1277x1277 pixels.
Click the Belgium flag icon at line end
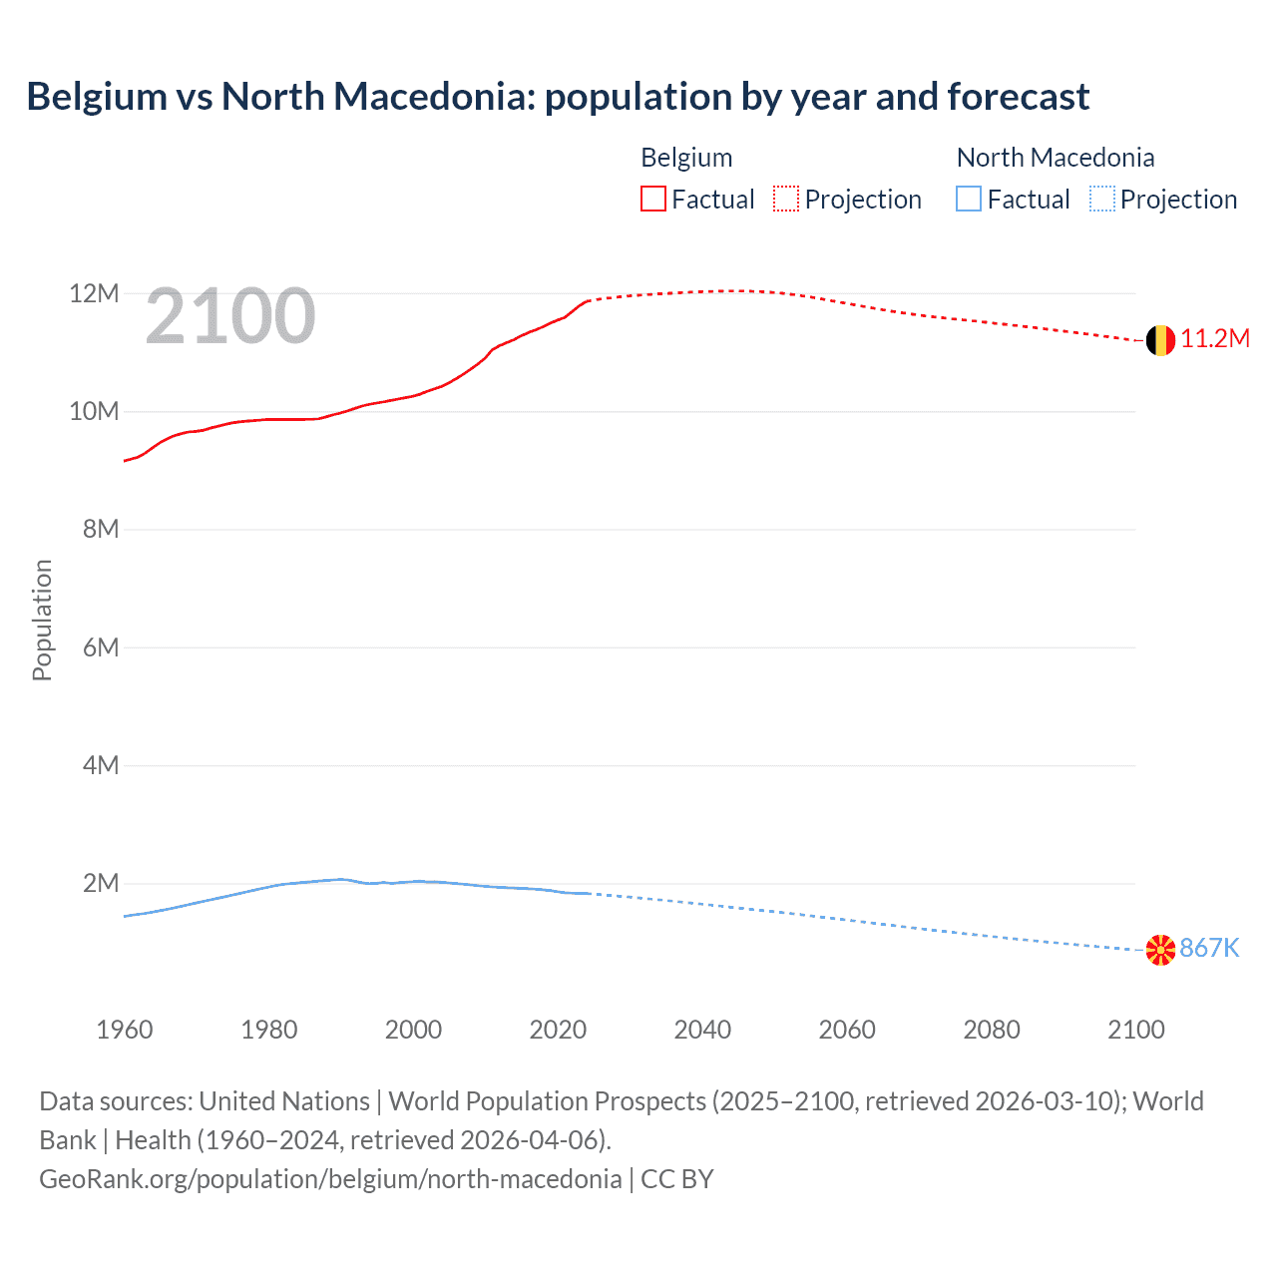(1160, 340)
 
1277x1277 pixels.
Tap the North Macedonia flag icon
(1160, 950)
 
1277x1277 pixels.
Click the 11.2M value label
(1215, 339)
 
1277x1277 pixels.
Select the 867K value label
(1209, 949)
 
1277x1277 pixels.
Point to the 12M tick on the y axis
(94, 294)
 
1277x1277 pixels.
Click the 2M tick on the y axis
(101, 884)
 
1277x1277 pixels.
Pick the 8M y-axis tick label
(101, 530)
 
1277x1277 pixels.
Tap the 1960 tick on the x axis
(125, 1030)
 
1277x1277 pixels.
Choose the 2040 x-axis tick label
(702, 1030)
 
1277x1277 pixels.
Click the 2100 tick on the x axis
(1135, 1030)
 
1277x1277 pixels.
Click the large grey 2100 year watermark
(230, 317)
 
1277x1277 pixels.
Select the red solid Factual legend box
(652, 200)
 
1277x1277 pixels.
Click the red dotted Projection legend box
(786, 200)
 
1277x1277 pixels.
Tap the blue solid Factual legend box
(969, 200)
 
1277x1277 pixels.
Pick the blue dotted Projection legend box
(1101, 200)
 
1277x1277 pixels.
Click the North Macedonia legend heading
(1055, 158)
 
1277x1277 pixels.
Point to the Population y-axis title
(42, 620)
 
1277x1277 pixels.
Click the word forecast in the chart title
(1018, 97)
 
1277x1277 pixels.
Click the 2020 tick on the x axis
(558, 1030)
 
